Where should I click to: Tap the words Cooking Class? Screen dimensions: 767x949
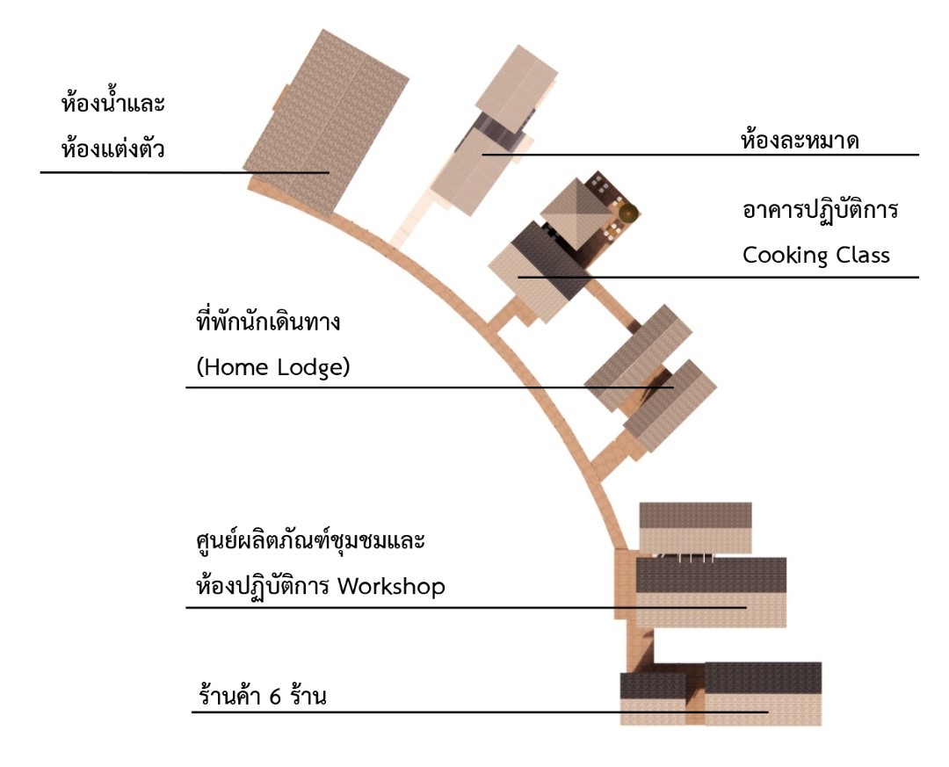click(x=816, y=256)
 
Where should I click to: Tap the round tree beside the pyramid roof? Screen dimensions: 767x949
click(x=627, y=213)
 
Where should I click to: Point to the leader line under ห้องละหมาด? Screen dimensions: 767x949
click(x=703, y=155)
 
